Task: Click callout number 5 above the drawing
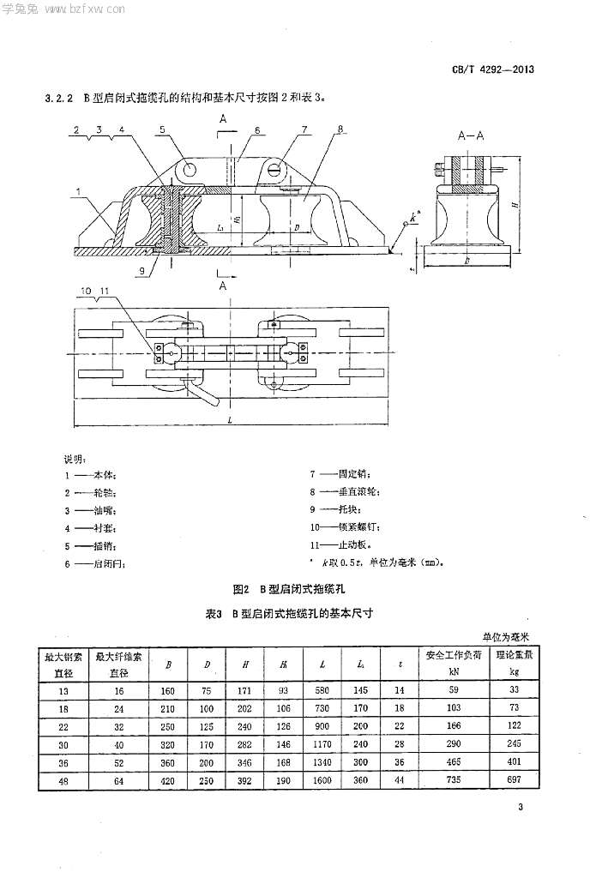(x=161, y=129)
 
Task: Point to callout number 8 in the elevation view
(x=341, y=129)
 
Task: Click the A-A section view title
(x=473, y=135)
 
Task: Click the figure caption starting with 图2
(x=287, y=590)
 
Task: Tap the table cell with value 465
(x=454, y=762)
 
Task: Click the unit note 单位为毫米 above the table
(x=506, y=637)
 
